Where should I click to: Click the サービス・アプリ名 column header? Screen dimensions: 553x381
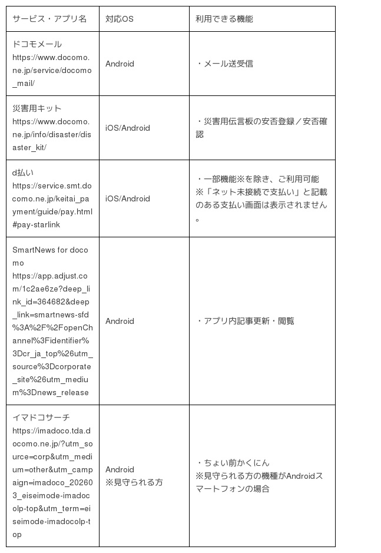point(49,19)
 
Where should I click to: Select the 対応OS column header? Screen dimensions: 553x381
point(120,19)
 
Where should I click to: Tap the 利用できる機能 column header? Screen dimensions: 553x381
point(224,19)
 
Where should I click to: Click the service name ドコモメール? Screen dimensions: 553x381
point(37,44)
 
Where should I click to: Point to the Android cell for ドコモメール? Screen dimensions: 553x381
point(120,64)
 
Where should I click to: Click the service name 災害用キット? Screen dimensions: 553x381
point(37,108)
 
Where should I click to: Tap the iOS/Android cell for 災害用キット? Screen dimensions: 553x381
point(128,128)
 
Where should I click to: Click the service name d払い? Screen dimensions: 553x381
point(23,173)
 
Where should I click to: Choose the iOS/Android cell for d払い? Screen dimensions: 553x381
point(128,198)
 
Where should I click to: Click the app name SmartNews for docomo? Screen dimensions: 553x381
point(50,256)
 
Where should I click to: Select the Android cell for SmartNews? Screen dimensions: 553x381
point(120,321)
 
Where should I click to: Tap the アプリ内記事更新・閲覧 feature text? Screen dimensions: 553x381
point(246,321)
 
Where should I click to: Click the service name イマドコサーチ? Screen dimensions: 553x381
point(41,417)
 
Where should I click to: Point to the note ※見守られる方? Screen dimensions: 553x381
point(134,482)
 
